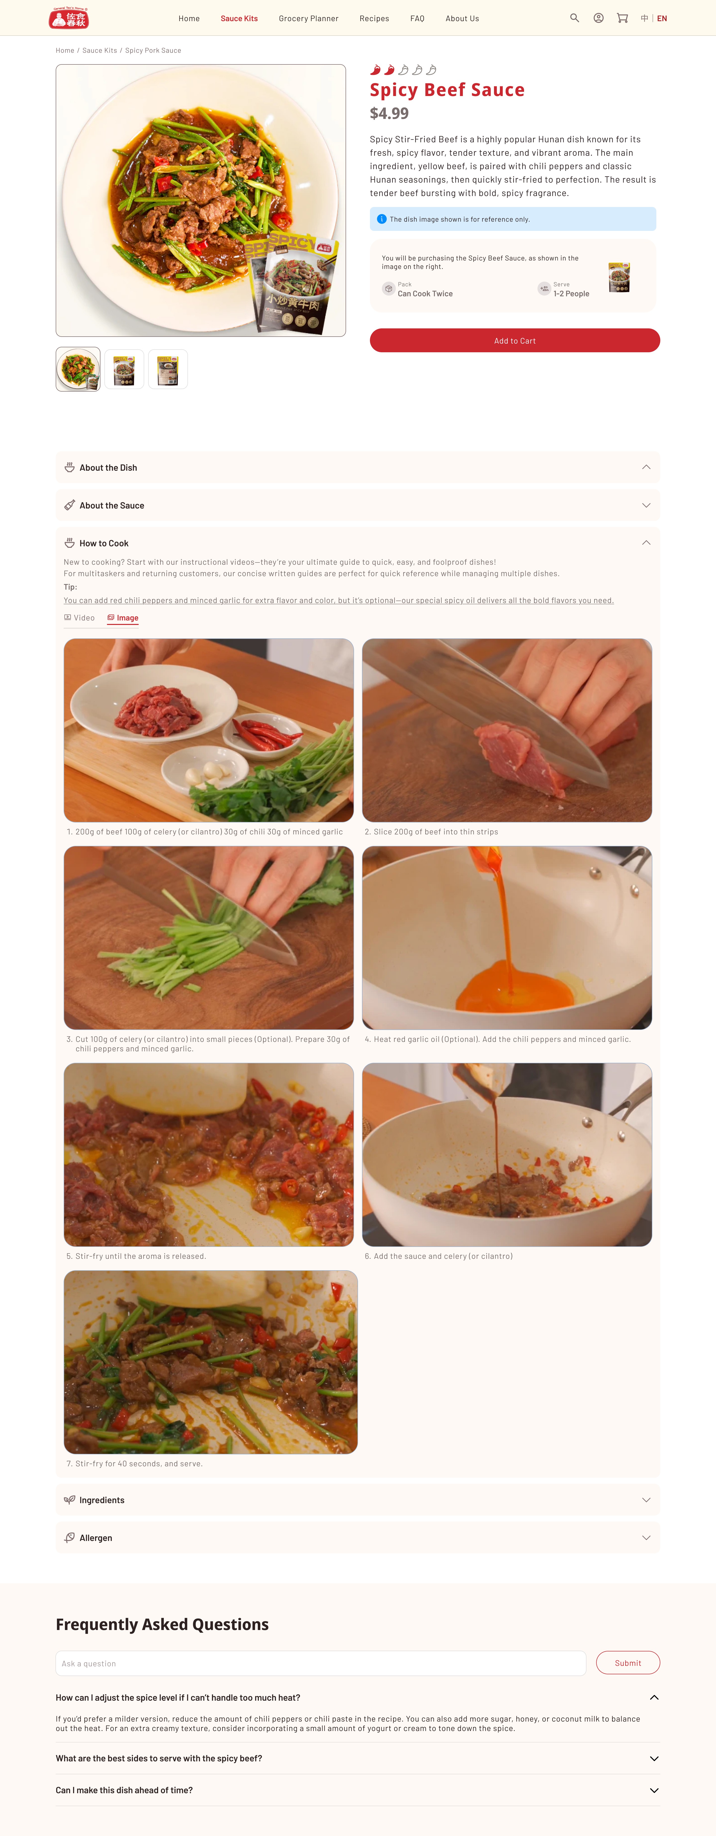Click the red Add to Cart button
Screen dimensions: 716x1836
point(514,341)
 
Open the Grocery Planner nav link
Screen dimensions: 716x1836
point(309,18)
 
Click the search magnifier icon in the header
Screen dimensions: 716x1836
point(574,18)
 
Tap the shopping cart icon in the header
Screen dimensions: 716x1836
point(622,18)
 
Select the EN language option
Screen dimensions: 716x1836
point(662,18)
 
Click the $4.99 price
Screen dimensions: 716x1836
point(389,113)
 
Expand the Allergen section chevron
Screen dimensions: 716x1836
point(646,1537)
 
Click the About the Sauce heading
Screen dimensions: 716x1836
point(112,505)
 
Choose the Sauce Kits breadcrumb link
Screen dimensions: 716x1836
point(100,51)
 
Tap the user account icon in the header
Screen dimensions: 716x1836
point(598,18)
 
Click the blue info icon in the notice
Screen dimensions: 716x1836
point(381,219)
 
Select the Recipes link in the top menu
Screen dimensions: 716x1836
point(374,18)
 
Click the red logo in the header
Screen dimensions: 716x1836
point(68,18)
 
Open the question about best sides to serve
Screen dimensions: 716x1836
point(159,1758)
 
